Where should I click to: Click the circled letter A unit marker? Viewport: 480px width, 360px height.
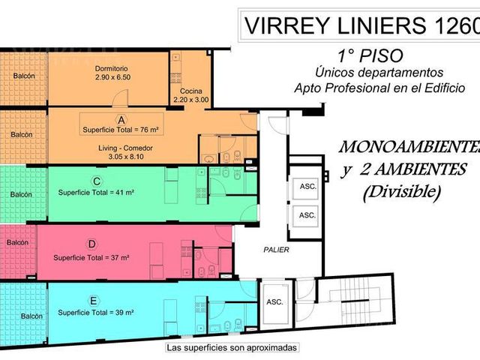121,120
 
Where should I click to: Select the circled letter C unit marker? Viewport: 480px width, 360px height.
97,181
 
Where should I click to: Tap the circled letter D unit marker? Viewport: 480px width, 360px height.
91,244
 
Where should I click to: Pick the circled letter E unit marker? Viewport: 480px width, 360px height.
93,301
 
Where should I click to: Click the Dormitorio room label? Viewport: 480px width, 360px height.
111,68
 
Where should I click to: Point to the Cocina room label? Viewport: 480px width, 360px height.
191,91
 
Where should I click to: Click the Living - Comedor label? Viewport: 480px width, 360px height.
125,148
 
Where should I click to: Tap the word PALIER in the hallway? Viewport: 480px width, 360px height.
276,250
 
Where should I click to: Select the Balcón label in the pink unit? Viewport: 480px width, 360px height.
17,242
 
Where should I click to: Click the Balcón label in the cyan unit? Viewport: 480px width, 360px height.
31,316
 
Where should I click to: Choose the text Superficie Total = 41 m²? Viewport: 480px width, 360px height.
96,193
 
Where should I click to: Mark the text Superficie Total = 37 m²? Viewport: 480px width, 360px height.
91,258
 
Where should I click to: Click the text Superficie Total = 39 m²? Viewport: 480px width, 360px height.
95,313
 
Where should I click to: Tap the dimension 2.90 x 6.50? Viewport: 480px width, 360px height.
113,77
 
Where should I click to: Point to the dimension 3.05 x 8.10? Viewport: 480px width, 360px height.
126,157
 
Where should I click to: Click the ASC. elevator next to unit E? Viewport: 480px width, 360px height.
274,302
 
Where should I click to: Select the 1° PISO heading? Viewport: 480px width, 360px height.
370,56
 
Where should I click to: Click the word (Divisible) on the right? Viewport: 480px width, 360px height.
402,192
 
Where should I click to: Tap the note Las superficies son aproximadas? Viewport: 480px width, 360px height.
232,348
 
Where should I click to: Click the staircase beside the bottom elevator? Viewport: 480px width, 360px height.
355,301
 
